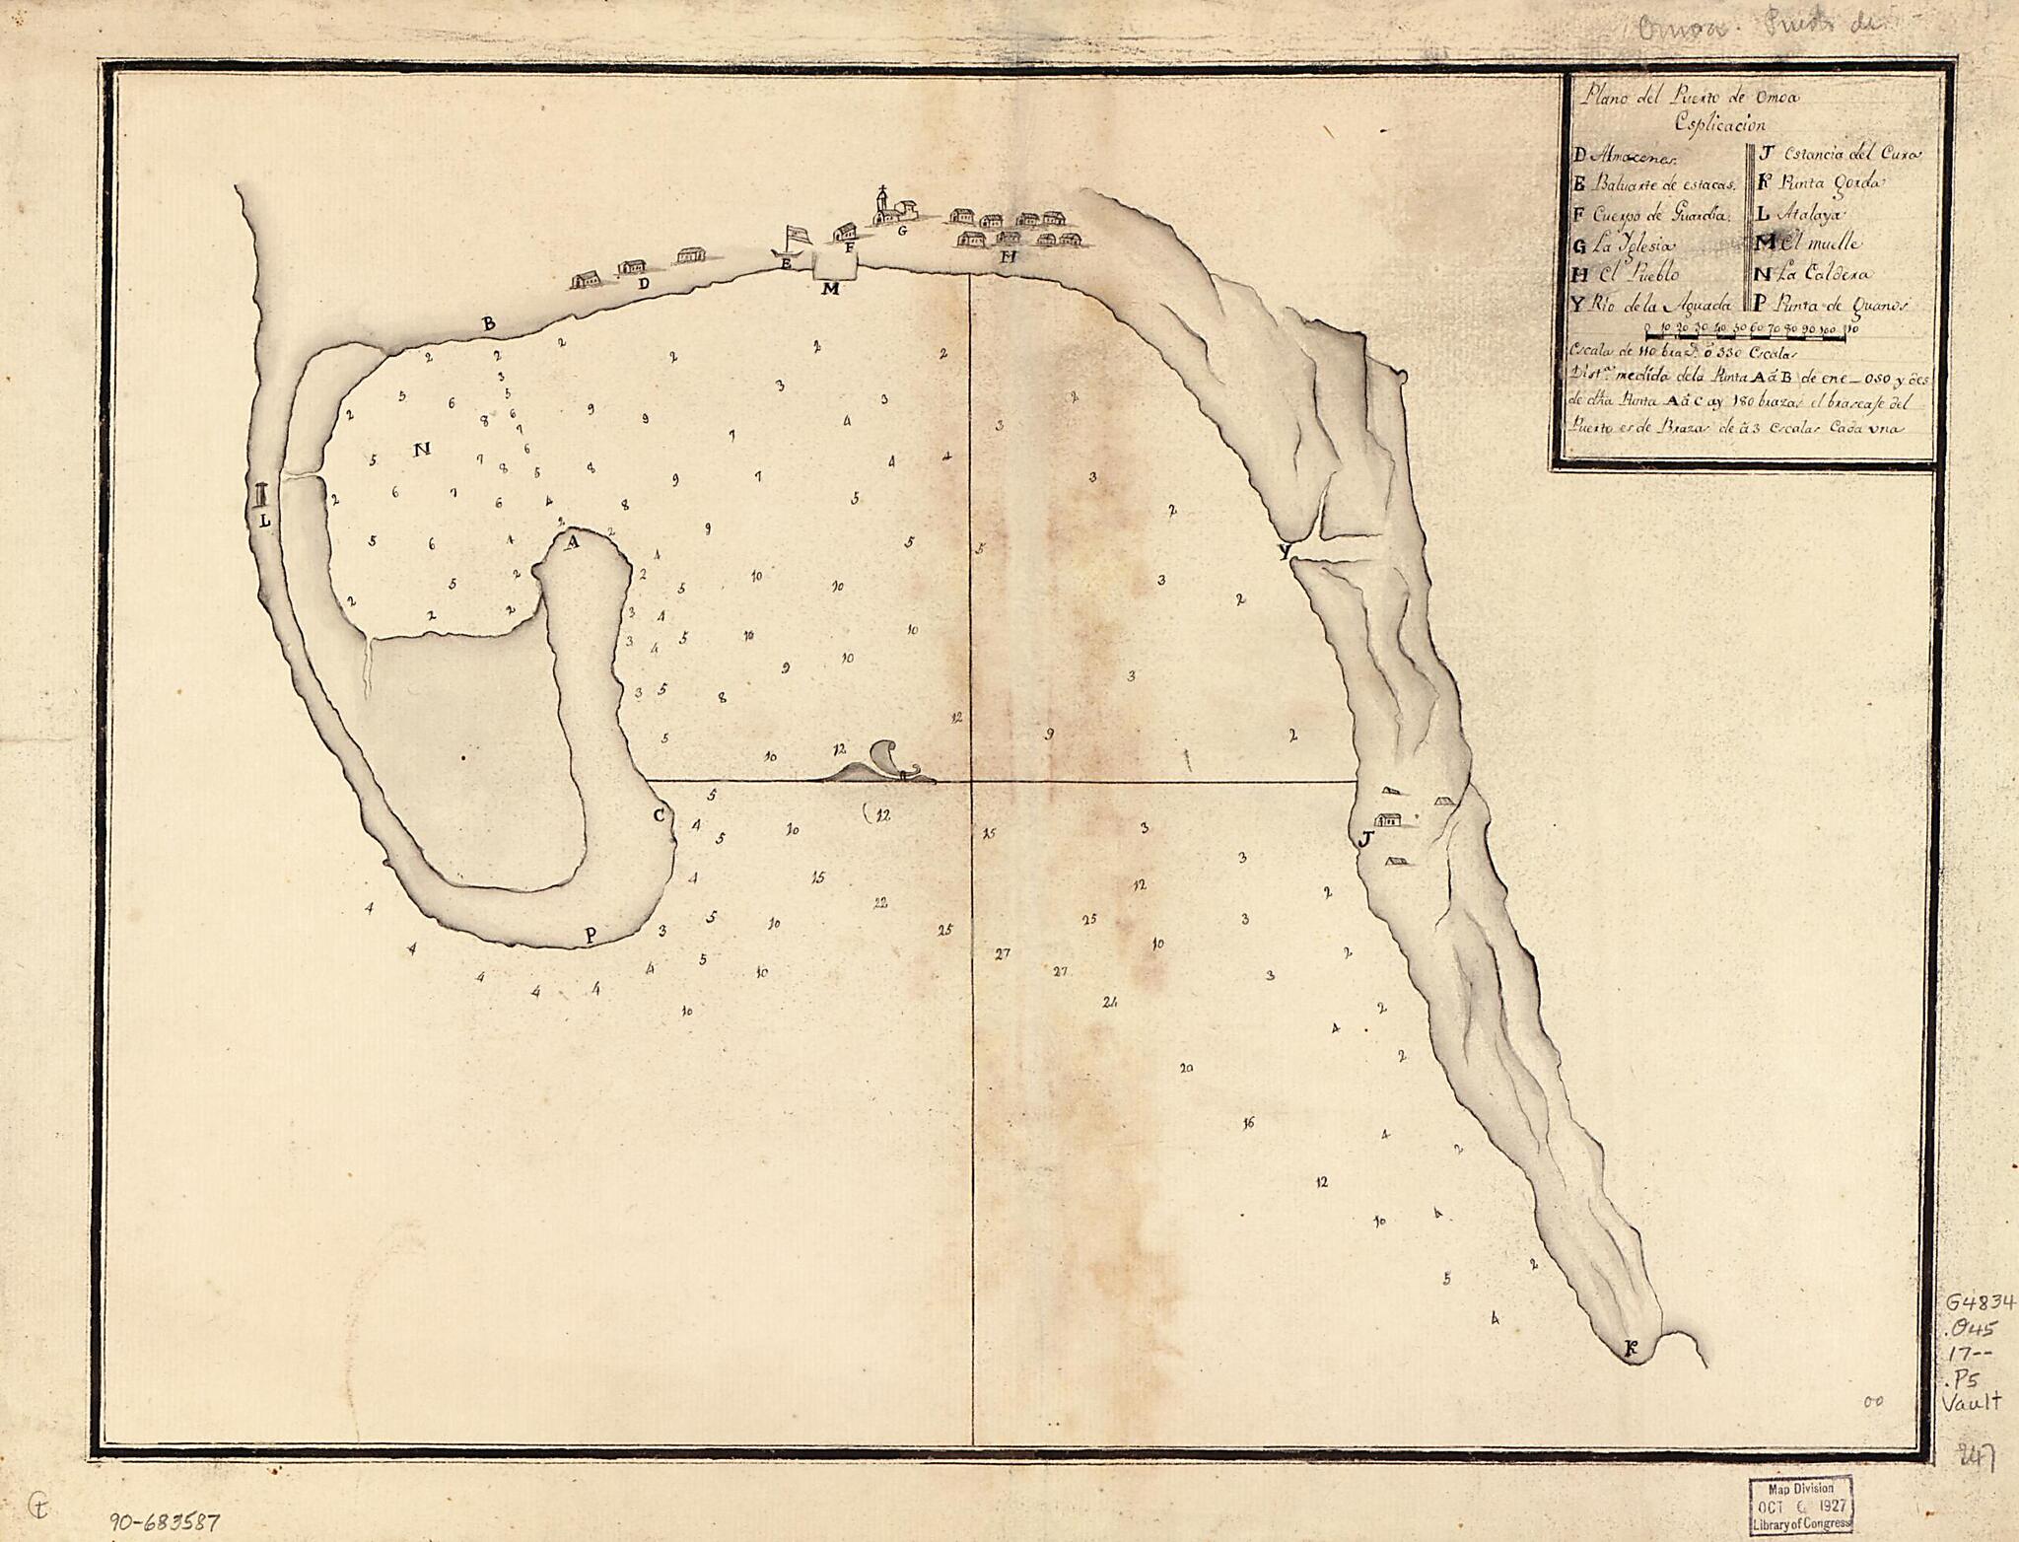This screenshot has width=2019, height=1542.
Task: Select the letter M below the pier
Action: click(x=829, y=289)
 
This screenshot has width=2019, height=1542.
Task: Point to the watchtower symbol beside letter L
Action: click(x=260, y=495)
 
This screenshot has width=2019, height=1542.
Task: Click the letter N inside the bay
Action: click(x=421, y=451)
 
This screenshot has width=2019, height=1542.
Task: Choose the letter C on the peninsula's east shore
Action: click(x=660, y=814)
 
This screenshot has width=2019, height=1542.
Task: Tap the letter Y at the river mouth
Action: click(x=1284, y=552)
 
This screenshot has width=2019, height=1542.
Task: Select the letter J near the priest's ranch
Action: click(x=1364, y=839)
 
